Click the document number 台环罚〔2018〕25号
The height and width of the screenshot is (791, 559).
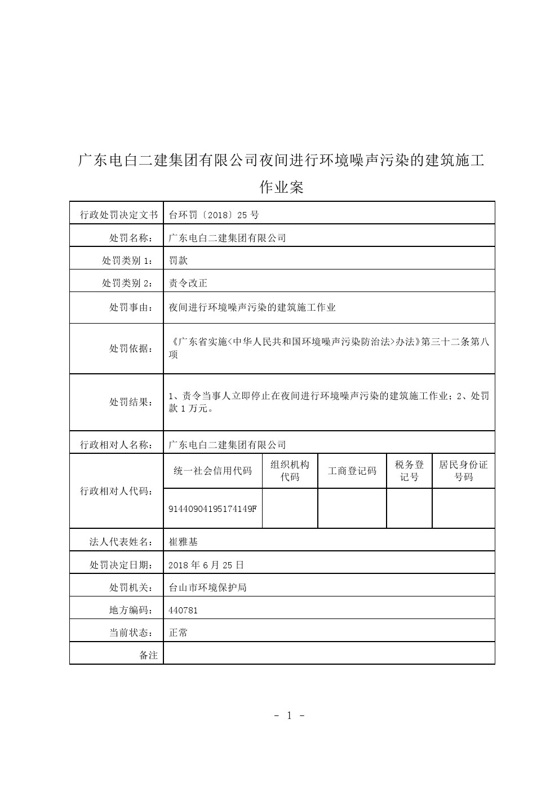point(214,215)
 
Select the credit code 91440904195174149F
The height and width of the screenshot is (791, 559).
point(212,509)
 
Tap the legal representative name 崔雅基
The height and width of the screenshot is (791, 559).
point(184,542)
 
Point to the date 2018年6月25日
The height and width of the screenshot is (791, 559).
point(206,564)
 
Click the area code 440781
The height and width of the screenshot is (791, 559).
point(184,610)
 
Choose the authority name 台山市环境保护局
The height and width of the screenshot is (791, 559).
point(208,587)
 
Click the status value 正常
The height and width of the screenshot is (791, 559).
point(179,633)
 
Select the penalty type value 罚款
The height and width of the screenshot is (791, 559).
point(179,260)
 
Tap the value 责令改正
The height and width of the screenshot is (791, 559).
point(188,283)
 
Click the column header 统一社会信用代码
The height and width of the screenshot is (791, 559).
point(212,471)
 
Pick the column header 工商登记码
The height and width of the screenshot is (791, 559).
point(352,471)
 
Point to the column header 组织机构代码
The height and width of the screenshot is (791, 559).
point(290,471)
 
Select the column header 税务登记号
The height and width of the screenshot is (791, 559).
point(409,471)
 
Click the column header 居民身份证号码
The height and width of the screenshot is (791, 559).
point(463,471)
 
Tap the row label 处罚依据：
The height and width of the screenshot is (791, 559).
point(131,348)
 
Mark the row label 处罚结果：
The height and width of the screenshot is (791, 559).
point(131,402)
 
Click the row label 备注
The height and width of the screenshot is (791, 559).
point(148,655)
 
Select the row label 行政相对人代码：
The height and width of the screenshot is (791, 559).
point(116,491)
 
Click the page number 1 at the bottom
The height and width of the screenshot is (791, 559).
point(289,716)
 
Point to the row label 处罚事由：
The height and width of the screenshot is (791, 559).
point(131,307)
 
